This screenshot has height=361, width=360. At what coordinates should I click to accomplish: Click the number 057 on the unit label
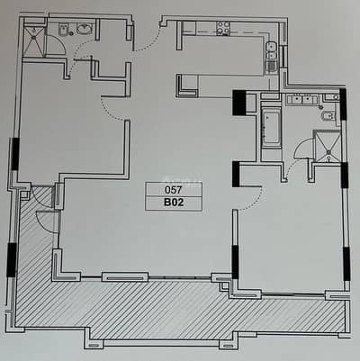174,190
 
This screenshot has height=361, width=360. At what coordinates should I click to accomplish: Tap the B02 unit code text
174,203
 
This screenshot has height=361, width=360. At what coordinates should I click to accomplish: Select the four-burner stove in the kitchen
223,28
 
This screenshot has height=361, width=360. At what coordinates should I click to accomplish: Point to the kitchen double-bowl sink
271,51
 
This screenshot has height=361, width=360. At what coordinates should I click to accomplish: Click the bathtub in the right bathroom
272,128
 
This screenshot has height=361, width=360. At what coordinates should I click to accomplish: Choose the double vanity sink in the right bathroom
302,100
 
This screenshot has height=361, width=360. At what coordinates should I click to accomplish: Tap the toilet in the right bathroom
328,116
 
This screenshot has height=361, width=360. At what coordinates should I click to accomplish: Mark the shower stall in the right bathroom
327,146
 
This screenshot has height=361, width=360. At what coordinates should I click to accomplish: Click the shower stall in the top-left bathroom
34,41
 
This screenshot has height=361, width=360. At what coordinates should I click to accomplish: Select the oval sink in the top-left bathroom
85,30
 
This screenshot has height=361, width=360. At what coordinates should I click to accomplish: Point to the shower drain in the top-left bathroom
34,38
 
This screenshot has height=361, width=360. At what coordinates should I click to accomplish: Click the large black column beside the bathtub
239,103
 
